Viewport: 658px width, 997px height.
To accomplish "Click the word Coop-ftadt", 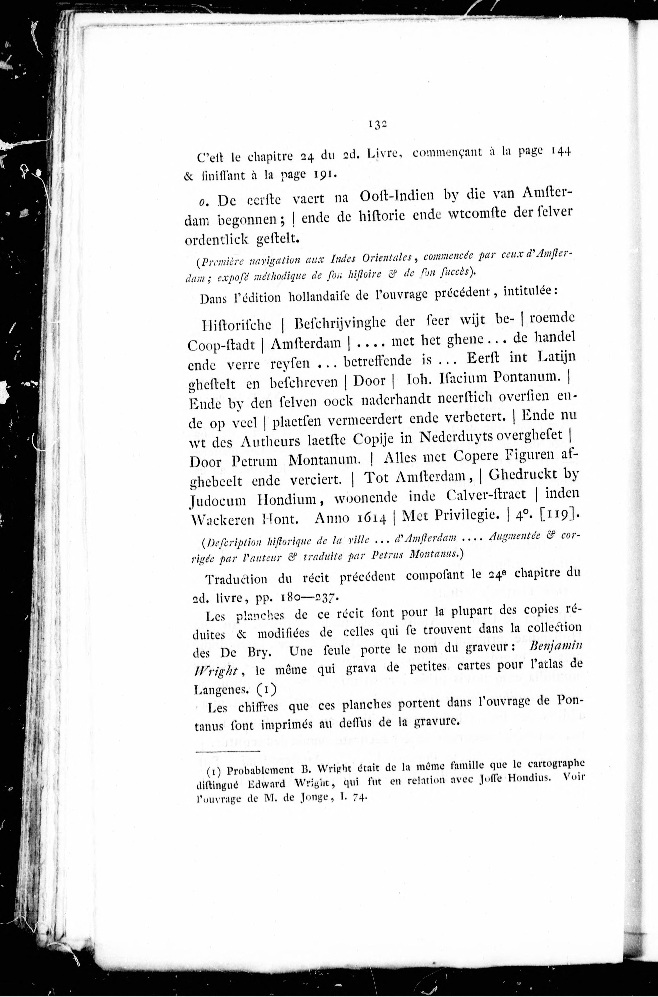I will click(221, 345).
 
